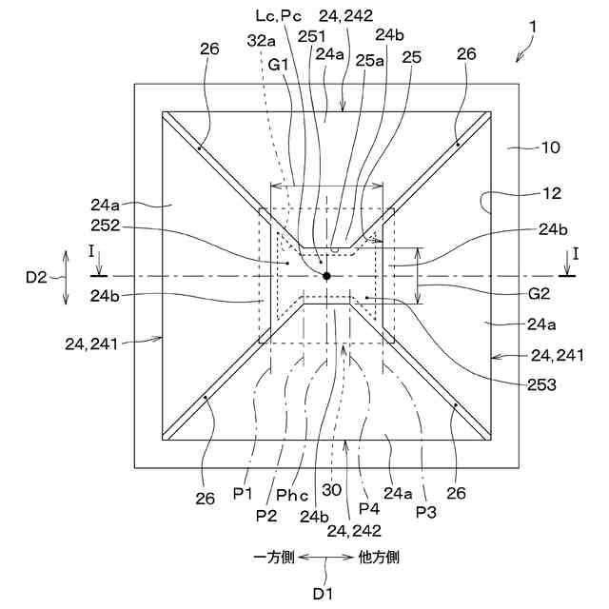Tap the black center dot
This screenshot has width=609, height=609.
tap(326, 276)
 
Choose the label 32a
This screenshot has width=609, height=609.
tap(259, 42)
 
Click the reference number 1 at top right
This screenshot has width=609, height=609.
tap(534, 29)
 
